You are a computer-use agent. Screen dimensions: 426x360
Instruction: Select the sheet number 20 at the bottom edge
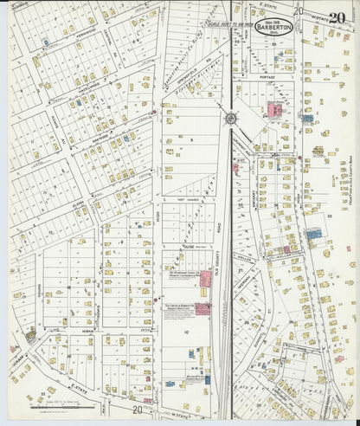pyautogui.click(x=138, y=410)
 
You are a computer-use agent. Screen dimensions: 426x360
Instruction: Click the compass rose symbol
pyautogui.click(x=231, y=118)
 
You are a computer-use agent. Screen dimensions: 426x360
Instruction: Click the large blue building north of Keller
pyautogui.click(x=313, y=234)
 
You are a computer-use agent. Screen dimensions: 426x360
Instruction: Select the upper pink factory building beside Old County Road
pyautogui.click(x=204, y=280)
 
